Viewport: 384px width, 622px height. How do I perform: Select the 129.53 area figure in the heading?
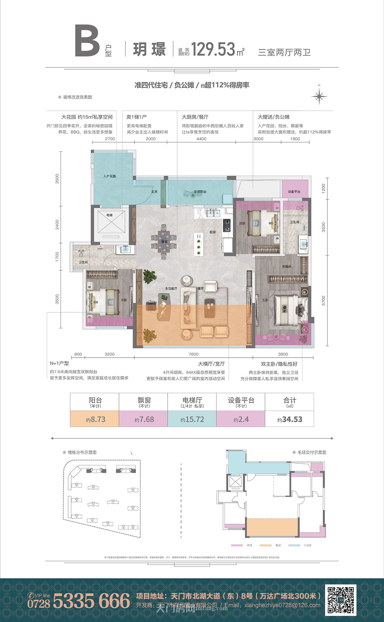[213, 49]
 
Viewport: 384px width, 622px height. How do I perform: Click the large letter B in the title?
[87, 41]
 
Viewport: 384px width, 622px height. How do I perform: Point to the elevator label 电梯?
[110, 215]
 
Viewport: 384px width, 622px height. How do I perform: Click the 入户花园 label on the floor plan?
[110, 176]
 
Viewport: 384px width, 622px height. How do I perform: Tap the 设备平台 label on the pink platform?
[294, 192]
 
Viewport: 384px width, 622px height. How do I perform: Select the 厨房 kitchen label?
[212, 232]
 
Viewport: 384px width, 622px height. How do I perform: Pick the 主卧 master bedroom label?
[265, 300]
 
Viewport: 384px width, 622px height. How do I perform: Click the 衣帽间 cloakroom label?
[286, 267]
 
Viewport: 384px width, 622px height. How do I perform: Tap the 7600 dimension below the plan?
[194, 354]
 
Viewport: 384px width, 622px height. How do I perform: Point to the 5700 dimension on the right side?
[324, 300]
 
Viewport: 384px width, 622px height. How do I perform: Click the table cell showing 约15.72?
[192, 419]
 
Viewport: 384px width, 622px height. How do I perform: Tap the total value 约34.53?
[290, 419]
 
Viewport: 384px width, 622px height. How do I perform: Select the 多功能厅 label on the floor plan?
[171, 289]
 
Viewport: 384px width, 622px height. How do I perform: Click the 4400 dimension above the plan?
[201, 139]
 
